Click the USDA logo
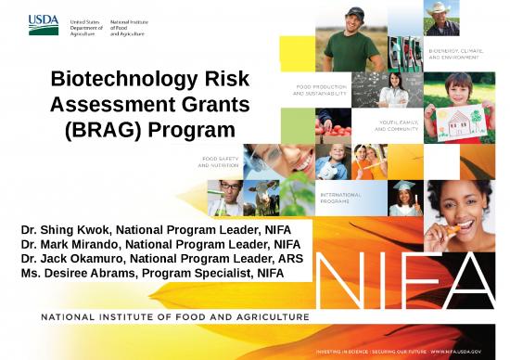point(44,24)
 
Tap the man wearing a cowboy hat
point(440,18)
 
